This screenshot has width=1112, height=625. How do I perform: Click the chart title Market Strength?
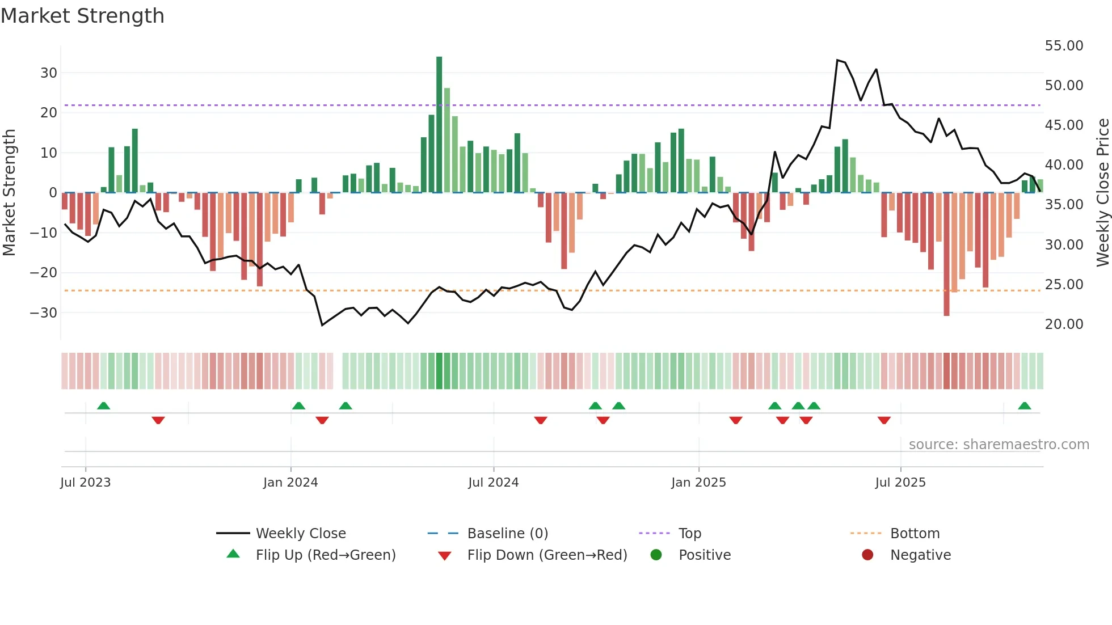point(82,16)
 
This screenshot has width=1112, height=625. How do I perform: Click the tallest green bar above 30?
point(439,125)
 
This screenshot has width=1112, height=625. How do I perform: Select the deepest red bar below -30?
point(946,255)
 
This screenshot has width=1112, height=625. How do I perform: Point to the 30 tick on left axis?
point(49,73)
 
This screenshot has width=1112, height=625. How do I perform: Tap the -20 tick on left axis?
point(44,273)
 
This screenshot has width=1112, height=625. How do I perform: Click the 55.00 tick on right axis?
point(1064,45)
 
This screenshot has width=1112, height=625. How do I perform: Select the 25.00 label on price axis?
point(1064,284)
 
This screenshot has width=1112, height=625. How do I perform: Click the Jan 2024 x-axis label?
point(290,483)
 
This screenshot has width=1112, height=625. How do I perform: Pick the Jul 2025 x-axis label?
point(900,483)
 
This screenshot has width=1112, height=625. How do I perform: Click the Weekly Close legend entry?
point(300,534)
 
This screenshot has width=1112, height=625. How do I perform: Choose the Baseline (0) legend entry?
point(507,534)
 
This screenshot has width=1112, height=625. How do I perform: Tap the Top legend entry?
point(689,534)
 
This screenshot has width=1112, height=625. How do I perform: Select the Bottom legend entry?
point(915,534)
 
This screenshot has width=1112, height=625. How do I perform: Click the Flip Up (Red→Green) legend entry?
point(325,555)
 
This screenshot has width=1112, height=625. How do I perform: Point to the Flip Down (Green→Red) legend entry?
point(547,555)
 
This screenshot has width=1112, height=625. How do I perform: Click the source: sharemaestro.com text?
point(999,445)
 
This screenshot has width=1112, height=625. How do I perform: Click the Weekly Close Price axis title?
point(1102,193)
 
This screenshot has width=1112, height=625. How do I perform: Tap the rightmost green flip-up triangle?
point(1024,406)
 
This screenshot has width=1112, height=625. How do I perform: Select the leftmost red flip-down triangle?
point(158,420)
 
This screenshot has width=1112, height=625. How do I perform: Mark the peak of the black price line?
point(837,60)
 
